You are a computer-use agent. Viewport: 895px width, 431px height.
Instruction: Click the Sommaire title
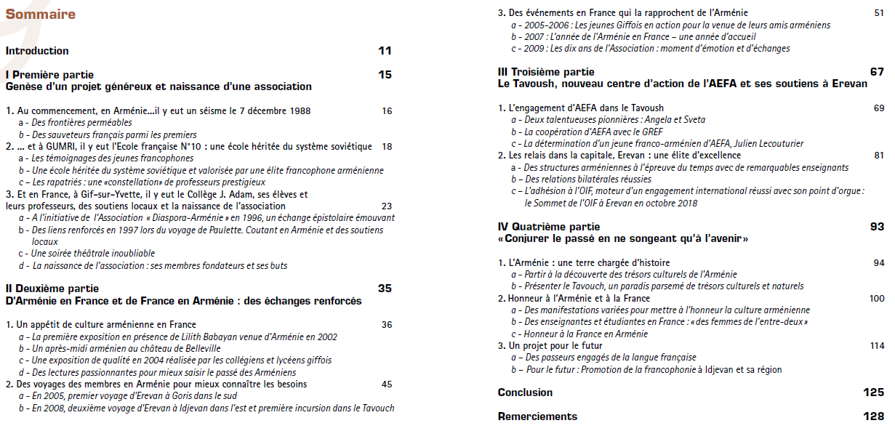(40, 14)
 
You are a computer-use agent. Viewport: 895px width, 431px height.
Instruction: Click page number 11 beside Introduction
(385, 51)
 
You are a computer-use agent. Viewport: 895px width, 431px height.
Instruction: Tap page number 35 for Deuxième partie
(385, 288)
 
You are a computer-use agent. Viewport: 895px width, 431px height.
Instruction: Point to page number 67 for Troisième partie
(877, 72)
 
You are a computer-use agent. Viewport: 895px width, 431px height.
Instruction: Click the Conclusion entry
(525, 392)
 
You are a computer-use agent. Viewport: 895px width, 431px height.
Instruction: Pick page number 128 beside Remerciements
(873, 416)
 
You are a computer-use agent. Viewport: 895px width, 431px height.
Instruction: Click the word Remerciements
(537, 416)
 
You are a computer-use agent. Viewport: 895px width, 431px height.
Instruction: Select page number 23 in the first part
(387, 206)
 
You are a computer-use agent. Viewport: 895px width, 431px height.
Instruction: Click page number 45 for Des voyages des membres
(387, 384)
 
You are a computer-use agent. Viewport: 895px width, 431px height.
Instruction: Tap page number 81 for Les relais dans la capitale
(879, 155)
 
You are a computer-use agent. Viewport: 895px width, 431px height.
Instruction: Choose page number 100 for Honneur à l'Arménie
(876, 298)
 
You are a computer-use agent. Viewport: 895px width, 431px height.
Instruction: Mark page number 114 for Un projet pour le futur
(877, 346)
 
